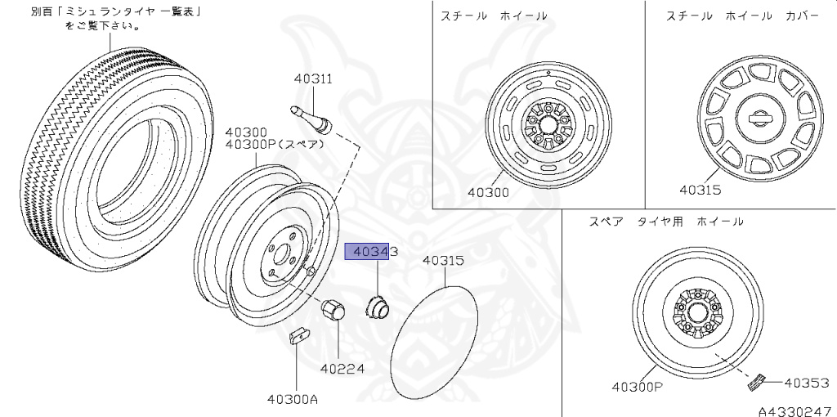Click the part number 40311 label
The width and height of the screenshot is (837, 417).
[x=313, y=79]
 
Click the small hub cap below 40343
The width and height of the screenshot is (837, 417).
[x=377, y=307]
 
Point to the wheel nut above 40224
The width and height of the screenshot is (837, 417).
[x=333, y=311]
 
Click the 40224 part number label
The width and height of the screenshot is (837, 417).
[x=342, y=369]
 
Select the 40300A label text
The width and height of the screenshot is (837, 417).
[x=293, y=399]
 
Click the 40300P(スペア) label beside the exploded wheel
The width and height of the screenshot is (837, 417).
[x=274, y=145]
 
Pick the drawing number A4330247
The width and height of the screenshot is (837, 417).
[x=794, y=410]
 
